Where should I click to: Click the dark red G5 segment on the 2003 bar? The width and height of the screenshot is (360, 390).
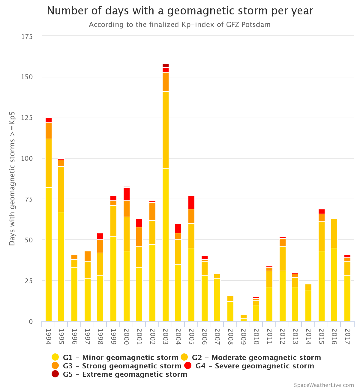point(166,66)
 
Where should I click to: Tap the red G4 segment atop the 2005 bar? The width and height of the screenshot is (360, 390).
point(191,202)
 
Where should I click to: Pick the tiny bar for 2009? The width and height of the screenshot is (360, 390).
point(244,318)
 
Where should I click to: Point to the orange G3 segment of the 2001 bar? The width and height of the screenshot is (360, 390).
point(139,237)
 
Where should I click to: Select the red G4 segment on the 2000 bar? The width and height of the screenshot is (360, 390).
point(127,194)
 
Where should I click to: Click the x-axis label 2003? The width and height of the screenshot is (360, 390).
point(166,337)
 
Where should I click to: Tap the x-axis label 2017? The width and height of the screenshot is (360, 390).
point(347,337)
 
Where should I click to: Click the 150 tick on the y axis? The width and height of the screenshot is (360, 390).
point(27,77)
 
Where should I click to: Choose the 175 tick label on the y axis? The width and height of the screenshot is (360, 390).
point(27,37)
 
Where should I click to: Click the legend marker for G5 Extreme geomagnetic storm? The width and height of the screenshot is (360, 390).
point(55,374)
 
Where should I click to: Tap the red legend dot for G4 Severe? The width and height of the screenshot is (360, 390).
point(188,366)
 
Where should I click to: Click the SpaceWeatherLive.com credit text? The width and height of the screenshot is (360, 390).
point(324,385)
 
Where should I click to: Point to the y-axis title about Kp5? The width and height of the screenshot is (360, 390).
point(12,179)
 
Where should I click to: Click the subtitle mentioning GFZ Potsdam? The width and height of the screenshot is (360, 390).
point(180,25)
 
